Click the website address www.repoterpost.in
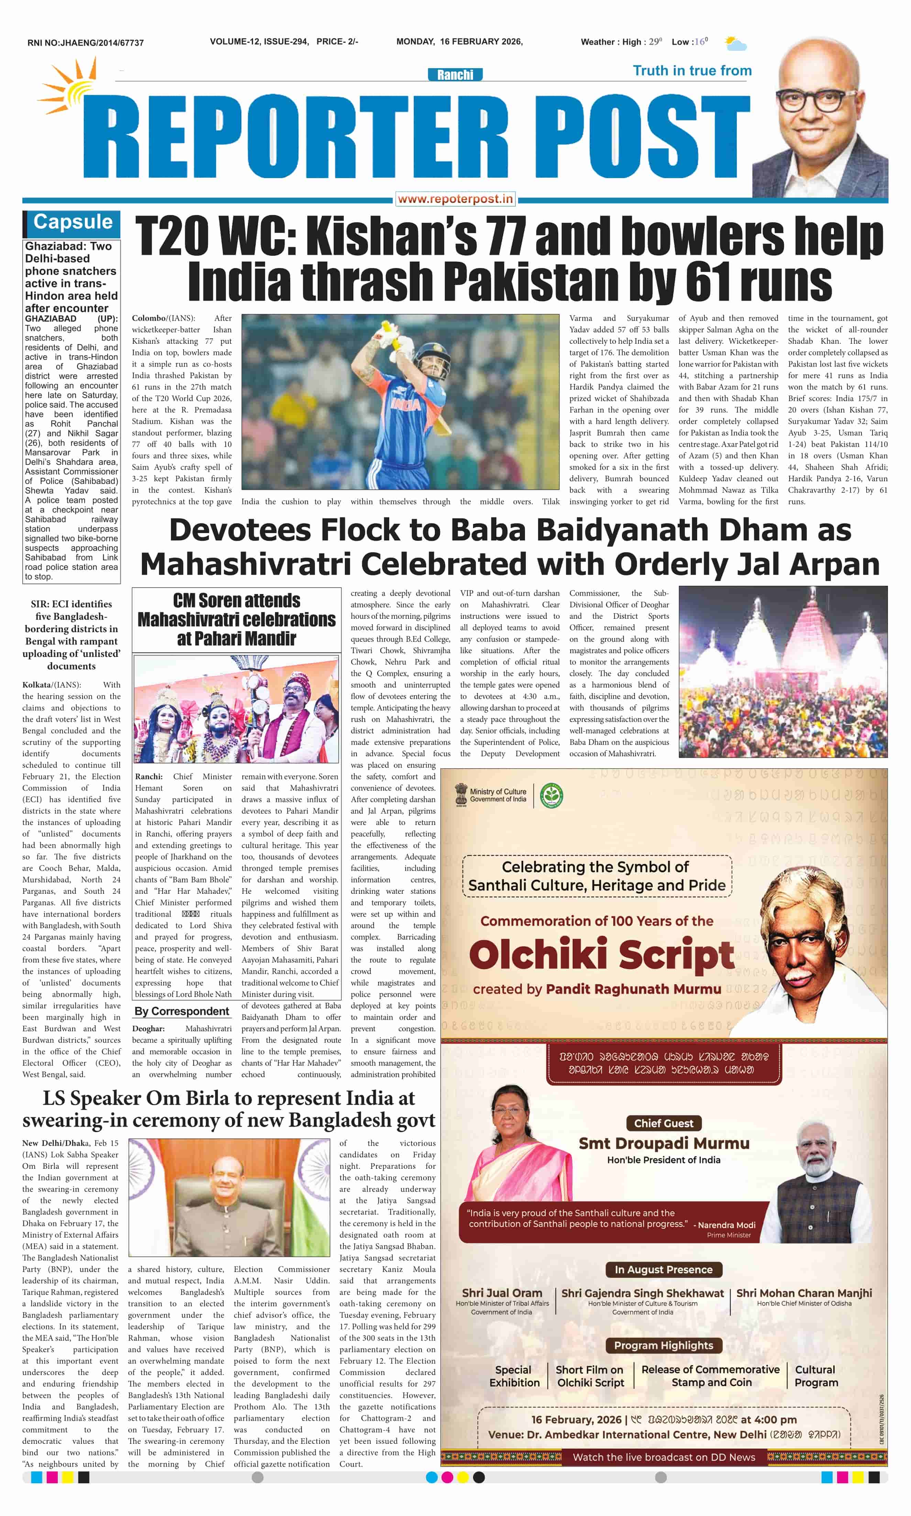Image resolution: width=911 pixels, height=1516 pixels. coord(455,199)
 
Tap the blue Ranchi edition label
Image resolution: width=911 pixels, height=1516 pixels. coord(455,75)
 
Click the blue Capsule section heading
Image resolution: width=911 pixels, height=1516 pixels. coord(73,222)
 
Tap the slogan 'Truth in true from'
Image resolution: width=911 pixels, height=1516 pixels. coord(692,70)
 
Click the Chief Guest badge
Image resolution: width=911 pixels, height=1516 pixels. coord(663,1123)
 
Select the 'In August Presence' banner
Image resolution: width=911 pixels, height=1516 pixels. coord(663,1269)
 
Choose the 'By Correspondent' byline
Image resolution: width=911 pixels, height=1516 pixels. coord(182,1011)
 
